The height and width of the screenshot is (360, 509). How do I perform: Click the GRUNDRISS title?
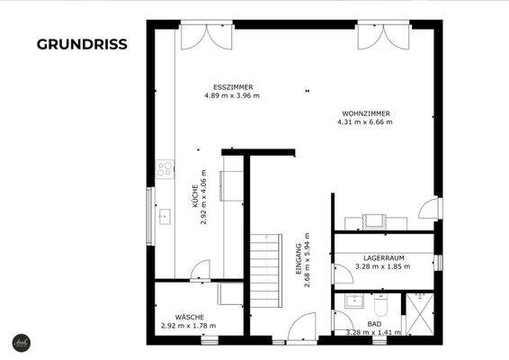coord(82,43)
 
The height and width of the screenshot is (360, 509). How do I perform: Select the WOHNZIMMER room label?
coord(365,113)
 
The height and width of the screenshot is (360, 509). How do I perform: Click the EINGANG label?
coord(299,256)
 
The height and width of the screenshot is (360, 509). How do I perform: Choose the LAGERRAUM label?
coord(370,257)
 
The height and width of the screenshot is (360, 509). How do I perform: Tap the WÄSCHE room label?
coord(189,317)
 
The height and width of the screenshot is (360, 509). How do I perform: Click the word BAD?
coord(374,323)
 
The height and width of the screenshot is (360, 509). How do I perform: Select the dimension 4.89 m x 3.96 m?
coord(231,96)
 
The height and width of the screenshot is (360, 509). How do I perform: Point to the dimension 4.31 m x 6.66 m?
coord(365,122)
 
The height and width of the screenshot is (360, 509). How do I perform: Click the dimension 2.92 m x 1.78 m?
coord(189,326)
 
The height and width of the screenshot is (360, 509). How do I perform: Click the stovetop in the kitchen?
coord(165,167)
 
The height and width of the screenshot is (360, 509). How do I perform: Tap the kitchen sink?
coord(165,217)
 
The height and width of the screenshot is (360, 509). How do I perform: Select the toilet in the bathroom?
coord(380,301)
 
